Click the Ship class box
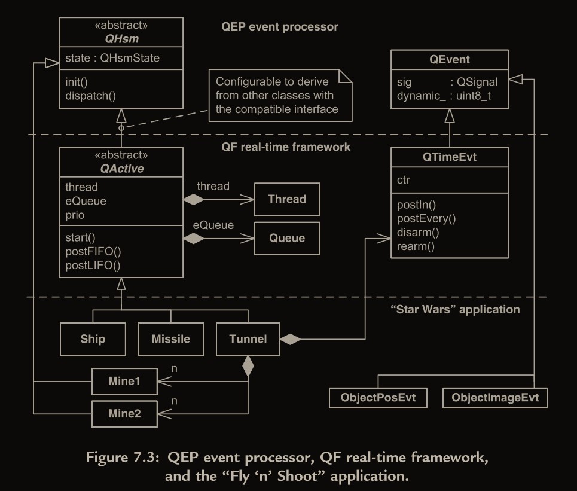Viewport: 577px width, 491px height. pos(93,339)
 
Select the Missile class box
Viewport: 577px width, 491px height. pos(171,339)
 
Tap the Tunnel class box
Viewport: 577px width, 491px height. pos(248,339)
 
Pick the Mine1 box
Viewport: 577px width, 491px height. pos(124,380)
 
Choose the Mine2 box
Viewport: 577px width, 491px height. pos(124,413)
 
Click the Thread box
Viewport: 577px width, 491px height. pos(287,199)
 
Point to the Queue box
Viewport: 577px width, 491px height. pos(287,238)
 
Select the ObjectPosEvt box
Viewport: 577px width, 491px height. pos(378,398)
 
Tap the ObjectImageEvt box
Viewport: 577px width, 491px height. pos(495,398)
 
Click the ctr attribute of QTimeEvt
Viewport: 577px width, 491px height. pos(404,179)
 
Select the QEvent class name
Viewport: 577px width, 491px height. pos(450,59)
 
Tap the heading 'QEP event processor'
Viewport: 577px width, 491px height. pos(279,27)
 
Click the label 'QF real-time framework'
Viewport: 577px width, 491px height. pos(285,147)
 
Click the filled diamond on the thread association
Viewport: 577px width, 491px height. pos(193,199)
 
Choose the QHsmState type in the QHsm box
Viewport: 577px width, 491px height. pos(130,58)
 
